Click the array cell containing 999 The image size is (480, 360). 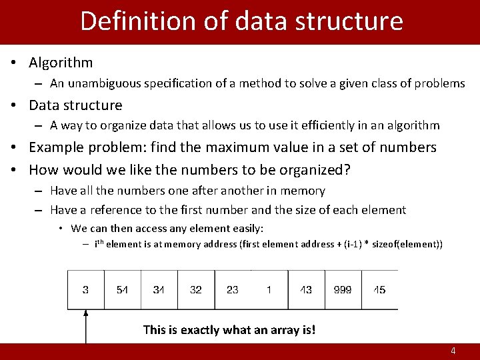pyautogui.click(x=343, y=290)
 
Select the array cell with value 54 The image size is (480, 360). pyautogui.click(x=122, y=290)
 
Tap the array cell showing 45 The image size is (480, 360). pyautogui.click(x=379, y=290)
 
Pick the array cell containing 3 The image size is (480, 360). pyautogui.click(x=85, y=290)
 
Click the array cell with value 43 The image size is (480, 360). pyautogui.click(x=306, y=290)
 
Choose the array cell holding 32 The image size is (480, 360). pyautogui.click(x=196, y=290)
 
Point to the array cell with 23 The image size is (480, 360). pyautogui.click(x=233, y=290)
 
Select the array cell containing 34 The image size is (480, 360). pyautogui.click(x=159, y=290)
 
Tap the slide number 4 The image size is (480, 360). pyautogui.click(x=453, y=351)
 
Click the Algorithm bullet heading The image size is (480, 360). pyautogui.click(x=61, y=63)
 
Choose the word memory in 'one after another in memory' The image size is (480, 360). pyautogui.click(x=303, y=191)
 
